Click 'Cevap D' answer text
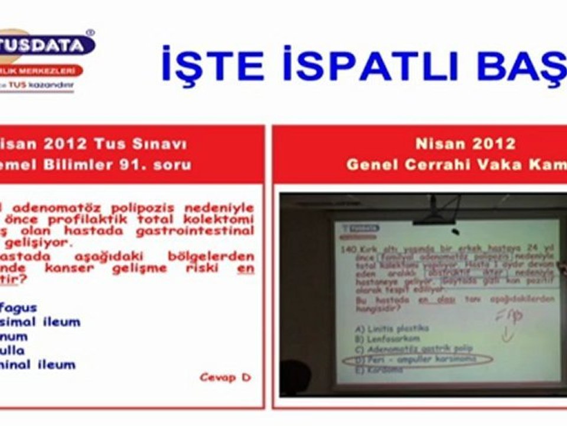click(225, 377)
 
